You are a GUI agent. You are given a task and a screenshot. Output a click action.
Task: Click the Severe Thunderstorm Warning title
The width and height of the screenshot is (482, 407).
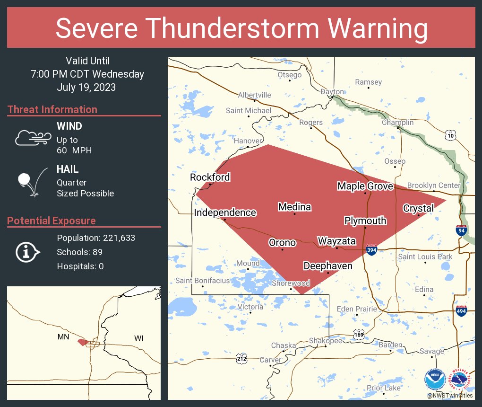[x=241, y=28]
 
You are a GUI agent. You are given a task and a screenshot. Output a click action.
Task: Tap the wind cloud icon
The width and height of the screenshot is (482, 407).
[x=32, y=138]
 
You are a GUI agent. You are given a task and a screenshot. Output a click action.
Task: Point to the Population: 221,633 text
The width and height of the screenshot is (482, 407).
[x=96, y=238]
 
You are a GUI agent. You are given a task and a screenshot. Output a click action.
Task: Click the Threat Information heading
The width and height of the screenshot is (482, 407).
[x=52, y=109]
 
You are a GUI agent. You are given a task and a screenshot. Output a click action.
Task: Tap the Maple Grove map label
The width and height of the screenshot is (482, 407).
[x=365, y=186]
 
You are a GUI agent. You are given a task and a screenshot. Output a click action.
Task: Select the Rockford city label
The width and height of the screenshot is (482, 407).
[x=210, y=177]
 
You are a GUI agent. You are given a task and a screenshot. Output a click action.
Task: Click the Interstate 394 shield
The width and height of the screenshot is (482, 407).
[x=371, y=249]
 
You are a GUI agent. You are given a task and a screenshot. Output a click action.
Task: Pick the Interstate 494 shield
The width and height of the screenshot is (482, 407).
[x=461, y=311]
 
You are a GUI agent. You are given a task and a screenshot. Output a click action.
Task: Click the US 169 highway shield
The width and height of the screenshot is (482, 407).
[x=359, y=335]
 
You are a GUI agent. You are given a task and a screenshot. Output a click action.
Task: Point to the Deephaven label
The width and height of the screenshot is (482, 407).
[x=327, y=266]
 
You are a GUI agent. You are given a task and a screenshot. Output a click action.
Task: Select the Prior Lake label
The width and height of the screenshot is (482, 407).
[x=383, y=388]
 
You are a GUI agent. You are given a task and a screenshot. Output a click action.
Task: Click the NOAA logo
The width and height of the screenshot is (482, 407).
[x=435, y=380]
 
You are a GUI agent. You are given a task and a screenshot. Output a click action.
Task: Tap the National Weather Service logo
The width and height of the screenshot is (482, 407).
[x=461, y=380]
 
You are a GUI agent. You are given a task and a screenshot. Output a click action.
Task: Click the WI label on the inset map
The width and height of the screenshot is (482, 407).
[x=139, y=338]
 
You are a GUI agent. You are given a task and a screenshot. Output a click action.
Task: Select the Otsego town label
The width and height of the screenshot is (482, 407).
[x=289, y=75]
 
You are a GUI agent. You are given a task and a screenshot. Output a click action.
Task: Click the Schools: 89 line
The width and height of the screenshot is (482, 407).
[x=79, y=252]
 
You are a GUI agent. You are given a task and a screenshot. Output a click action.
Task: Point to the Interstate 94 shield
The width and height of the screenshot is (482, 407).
[x=462, y=230]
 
